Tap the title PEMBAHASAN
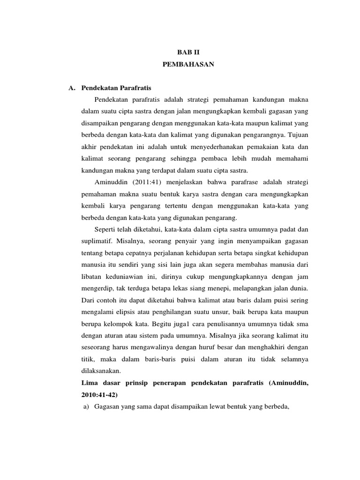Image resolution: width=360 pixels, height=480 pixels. [x=188, y=65]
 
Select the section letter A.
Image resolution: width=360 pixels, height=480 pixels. [x=72, y=87]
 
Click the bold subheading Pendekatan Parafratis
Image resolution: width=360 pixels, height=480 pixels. [x=116, y=87]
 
